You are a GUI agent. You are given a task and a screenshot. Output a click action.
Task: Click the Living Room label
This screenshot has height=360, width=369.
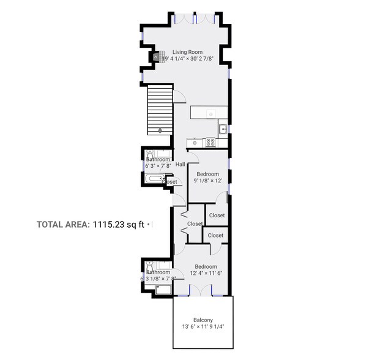coord(187,52)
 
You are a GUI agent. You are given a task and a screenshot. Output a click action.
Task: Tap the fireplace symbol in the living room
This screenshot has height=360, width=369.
coord(156,57)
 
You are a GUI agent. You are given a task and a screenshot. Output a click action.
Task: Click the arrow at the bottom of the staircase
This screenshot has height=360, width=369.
coord(160,130)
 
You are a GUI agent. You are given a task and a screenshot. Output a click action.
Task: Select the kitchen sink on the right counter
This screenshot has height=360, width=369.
coord(223,129)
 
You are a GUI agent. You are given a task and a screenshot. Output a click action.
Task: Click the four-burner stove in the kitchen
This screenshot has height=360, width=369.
coord(210,142)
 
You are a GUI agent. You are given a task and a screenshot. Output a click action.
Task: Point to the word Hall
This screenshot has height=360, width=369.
coord(181,164)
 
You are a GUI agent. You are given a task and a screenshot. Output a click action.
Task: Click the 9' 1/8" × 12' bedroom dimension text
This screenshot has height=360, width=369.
coord(207,181)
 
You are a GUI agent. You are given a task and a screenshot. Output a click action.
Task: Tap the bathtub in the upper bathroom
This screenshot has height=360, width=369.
coord(154,180)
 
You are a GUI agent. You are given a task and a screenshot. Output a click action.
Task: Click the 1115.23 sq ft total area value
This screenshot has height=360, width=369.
coord(118,225)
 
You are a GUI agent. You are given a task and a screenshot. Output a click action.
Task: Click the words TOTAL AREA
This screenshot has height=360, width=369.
coord(63,225)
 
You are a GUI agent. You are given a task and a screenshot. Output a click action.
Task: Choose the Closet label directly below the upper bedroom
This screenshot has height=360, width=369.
coord(217,216)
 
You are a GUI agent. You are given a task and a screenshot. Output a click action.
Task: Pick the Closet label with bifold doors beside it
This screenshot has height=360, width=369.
coord(195,224)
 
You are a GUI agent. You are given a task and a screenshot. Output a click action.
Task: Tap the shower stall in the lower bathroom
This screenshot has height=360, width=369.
coord(163,288)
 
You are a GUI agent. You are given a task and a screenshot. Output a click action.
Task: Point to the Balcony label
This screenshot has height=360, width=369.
coord(203,320)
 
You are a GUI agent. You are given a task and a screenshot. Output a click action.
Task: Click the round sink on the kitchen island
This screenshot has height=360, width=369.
coord(210,113)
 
